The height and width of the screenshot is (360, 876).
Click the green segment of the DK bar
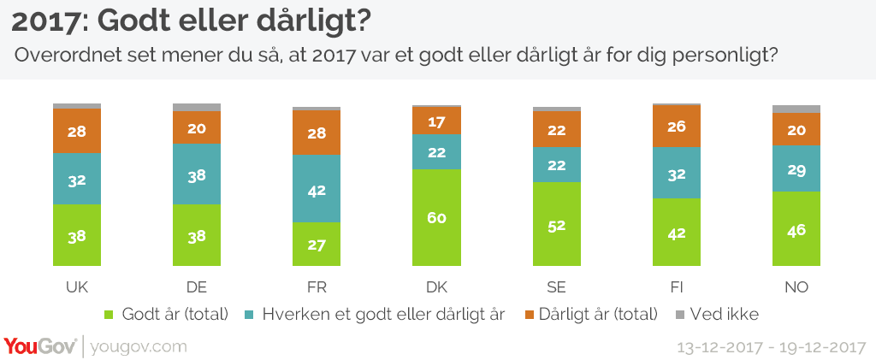(x=436, y=216)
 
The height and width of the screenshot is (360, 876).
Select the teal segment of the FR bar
(x=317, y=188)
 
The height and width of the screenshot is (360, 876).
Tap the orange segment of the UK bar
(x=77, y=131)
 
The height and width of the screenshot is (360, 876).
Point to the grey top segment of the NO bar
(x=796, y=109)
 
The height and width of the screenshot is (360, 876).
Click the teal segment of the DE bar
(x=197, y=174)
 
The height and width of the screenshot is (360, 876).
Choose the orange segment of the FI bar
(x=676, y=126)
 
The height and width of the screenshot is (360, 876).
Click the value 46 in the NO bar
(x=796, y=229)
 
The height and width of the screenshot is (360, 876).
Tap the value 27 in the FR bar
(x=317, y=245)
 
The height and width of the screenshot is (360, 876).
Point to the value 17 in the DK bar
(x=436, y=121)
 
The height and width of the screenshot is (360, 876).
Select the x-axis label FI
(x=676, y=286)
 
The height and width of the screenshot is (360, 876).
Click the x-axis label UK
(x=77, y=286)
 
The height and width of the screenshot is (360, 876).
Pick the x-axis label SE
(x=556, y=286)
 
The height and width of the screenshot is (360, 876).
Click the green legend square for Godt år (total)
(x=109, y=315)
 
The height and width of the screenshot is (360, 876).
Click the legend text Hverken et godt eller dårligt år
(x=383, y=315)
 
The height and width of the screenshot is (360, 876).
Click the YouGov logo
(x=39, y=346)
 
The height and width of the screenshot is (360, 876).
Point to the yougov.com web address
(x=138, y=346)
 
